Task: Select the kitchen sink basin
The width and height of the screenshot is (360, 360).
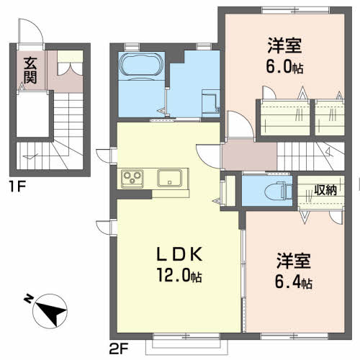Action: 170,176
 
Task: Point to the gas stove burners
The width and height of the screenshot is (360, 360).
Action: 132,176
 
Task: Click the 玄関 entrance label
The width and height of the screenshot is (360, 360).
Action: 30,70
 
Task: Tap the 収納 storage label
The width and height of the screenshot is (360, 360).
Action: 325,190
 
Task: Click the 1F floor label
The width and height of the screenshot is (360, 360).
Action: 17,189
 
